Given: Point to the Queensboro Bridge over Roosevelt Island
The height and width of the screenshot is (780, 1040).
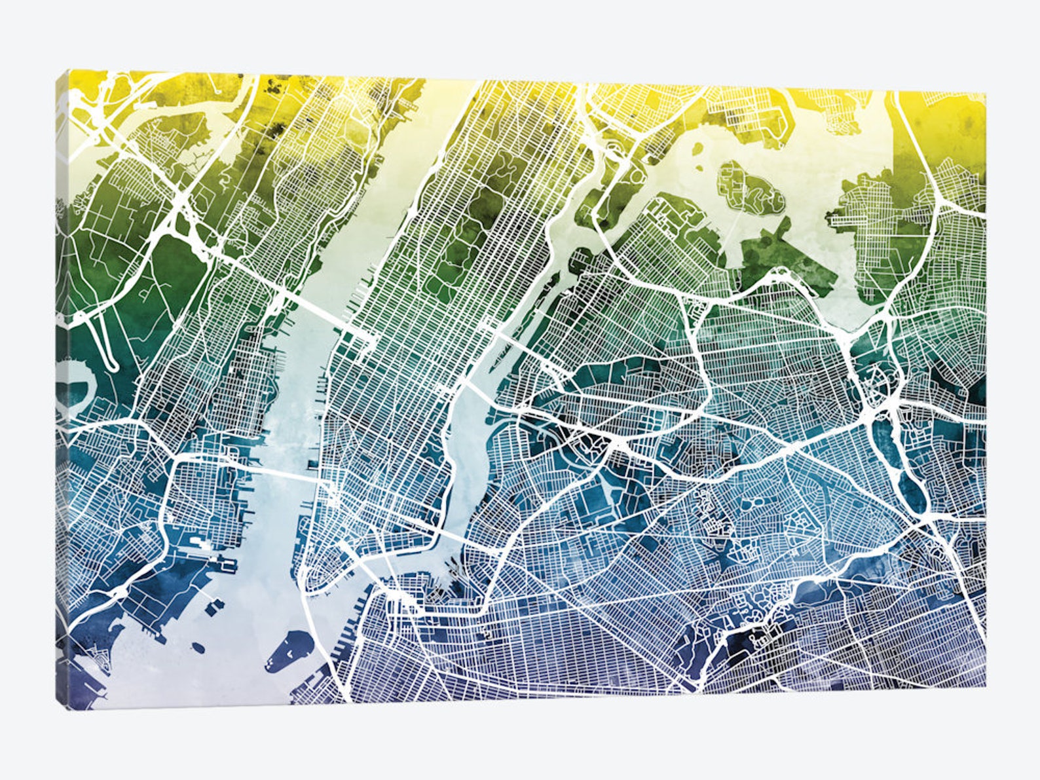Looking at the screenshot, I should coord(517,341).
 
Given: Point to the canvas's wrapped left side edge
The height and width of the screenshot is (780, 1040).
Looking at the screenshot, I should coord(62,393).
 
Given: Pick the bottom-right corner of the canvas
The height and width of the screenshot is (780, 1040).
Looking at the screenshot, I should coord(985,687).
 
